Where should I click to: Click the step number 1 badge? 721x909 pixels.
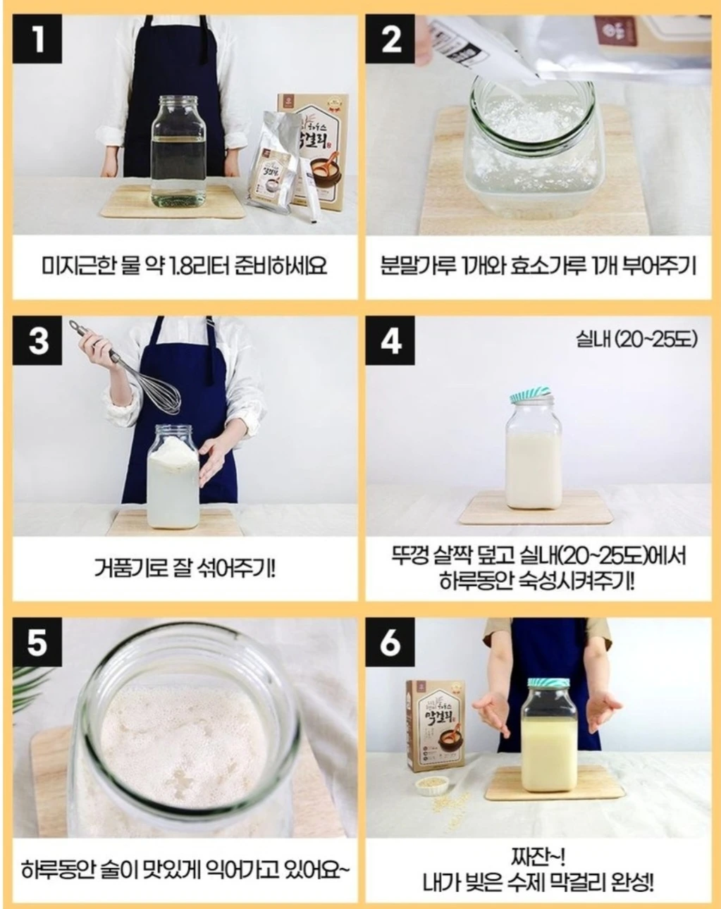click(x=37, y=39)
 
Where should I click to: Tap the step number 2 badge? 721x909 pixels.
click(x=390, y=39)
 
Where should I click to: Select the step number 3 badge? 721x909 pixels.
click(x=37, y=340)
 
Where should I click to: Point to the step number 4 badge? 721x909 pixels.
click(x=390, y=340)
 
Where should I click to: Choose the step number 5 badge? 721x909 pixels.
click(x=37, y=642)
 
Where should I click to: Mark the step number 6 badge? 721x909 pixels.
click(x=390, y=642)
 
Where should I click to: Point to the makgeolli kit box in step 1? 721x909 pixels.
click(x=314, y=149)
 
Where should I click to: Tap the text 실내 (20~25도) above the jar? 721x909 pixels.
click(x=637, y=339)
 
